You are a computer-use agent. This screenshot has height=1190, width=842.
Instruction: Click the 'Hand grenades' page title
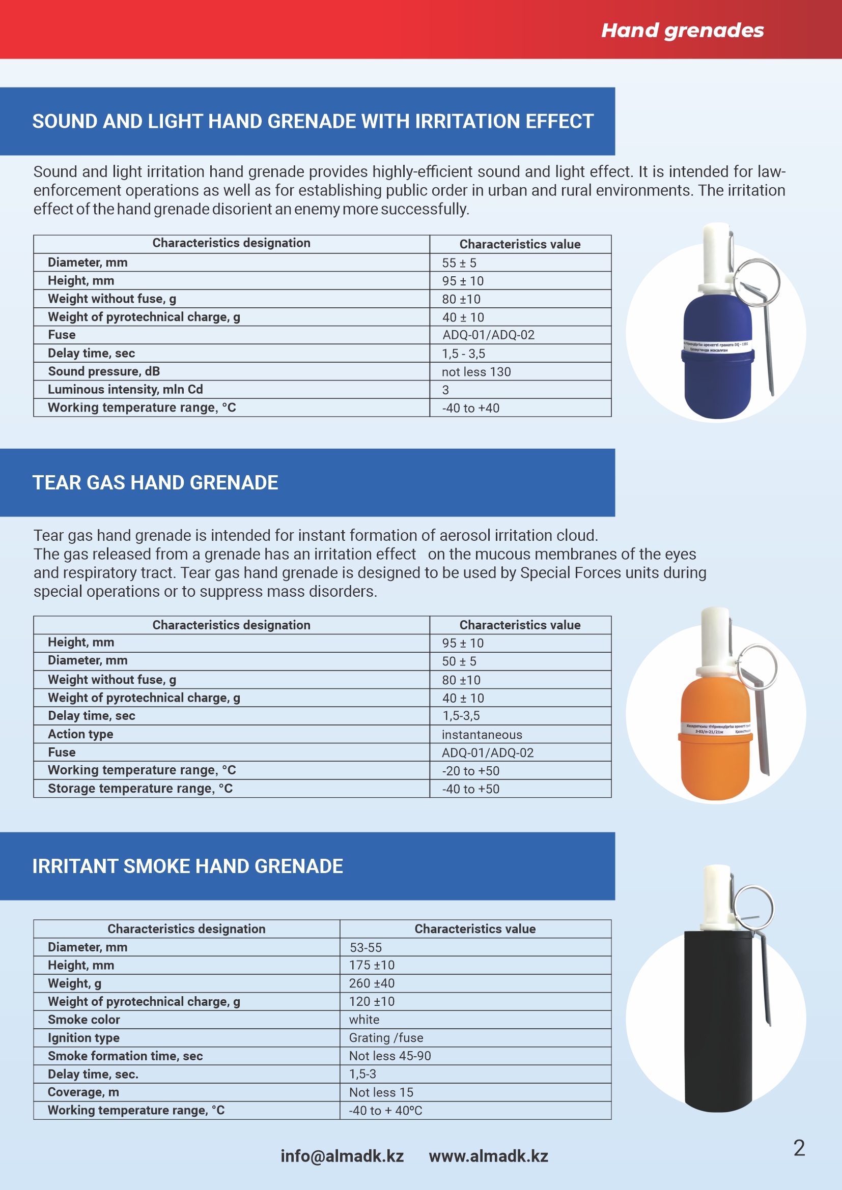pyautogui.click(x=682, y=31)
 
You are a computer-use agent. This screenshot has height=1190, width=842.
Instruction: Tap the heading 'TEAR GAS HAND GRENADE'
pyautogui.click(x=155, y=482)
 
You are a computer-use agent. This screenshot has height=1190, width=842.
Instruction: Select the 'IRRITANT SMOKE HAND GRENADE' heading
pyautogui.click(x=188, y=866)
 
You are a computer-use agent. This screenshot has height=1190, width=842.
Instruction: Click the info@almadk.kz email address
pyautogui.click(x=342, y=1156)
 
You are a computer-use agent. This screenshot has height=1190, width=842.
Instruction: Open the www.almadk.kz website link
pyautogui.click(x=488, y=1156)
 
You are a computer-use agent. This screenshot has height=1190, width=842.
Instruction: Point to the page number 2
pyautogui.click(x=799, y=1148)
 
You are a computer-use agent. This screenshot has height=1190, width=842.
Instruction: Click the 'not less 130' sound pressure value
pyautogui.click(x=476, y=371)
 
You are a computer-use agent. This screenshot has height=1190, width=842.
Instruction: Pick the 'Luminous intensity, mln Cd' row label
pyautogui.click(x=125, y=389)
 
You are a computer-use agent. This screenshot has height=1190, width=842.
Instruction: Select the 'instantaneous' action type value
pyautogui.click(x=482, y=735)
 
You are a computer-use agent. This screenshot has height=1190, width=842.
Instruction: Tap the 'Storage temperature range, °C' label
pyautogui.click(x=140, y=788)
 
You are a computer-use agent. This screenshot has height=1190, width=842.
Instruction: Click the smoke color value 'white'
pyautogui.click(x=364, y=1020)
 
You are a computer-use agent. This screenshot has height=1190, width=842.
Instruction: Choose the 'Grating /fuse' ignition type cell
pyautogui.click(x=386, y=1037)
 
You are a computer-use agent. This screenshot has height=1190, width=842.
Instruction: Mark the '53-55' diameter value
pyautogui.click(x=366, y=947)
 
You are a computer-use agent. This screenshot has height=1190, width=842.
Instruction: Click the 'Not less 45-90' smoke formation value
pyautogui.click(x=390, y=1056)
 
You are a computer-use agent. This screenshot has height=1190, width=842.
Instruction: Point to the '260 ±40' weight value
pyautogui.click(x=372, y=983)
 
